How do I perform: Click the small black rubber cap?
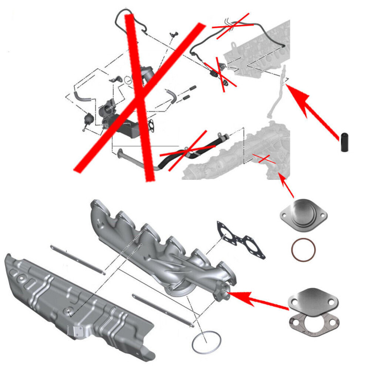tap(344, 141)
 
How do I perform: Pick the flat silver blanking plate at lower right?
tap(310, 299)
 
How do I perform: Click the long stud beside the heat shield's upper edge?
tap(78, 260)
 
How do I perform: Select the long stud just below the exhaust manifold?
tap(162, 311)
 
